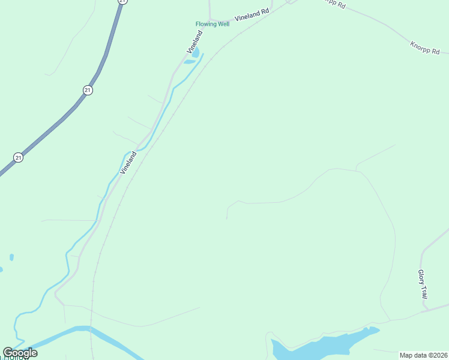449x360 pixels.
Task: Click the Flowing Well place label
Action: coord(212,25)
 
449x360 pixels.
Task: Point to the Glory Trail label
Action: coord(422,284)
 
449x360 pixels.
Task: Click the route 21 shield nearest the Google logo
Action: coord(19,158)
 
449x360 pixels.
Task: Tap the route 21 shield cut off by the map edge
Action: coord(122,2)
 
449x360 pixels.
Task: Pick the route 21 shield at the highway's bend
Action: coord(88,90)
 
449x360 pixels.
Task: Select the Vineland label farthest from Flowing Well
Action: coord(128,163)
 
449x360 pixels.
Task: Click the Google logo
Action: coord(20,353)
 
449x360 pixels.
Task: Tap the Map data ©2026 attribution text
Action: coord(423,355)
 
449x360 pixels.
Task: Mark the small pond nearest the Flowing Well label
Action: coord(195,53)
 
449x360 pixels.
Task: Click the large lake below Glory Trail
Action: coord(318,345)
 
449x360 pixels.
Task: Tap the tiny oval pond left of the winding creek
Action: coord(11,257)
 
